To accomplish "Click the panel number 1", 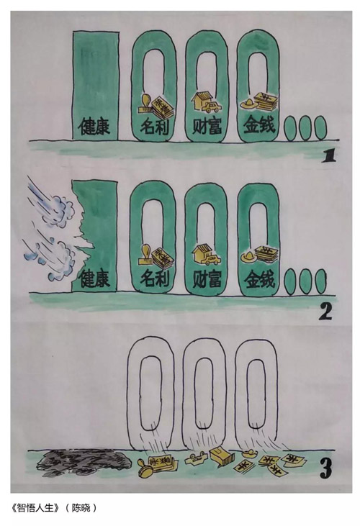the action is [x=329, y=156].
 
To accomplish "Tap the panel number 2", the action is [x=325, y=312].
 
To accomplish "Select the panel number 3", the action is [x=325, y=468].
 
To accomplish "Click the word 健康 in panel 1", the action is [x=94, y=127].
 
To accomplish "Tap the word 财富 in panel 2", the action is [x=207, y=279].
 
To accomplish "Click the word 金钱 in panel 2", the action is [x=259, y=279].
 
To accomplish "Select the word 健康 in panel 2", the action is [x=94, y=278].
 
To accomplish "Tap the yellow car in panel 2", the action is [x=210, y=260].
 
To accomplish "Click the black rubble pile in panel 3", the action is [x=83, y=461].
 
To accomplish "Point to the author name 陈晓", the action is [x=82, y=507].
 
